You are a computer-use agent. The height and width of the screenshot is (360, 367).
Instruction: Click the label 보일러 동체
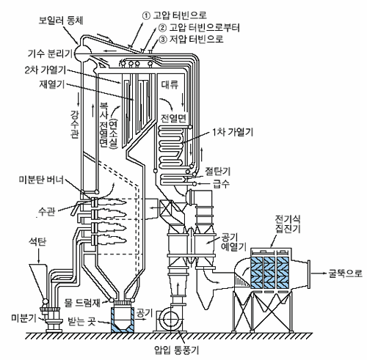point(61,21)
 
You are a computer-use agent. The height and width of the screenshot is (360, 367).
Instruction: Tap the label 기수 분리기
point(50,54)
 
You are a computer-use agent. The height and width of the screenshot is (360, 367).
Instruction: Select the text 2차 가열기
point(46,70)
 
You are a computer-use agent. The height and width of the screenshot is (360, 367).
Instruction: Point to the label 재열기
point(52,84)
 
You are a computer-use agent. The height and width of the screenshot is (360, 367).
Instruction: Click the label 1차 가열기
point(233,132)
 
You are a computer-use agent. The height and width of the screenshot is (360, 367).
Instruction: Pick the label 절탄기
point(217,172)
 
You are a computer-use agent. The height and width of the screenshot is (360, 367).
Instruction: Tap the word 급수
point(222,183)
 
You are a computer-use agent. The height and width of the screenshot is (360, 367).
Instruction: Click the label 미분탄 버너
point(41,180)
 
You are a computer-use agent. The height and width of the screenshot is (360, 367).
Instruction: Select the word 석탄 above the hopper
point(37,242)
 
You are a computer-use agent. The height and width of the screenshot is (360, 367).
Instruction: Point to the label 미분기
point(24,318)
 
